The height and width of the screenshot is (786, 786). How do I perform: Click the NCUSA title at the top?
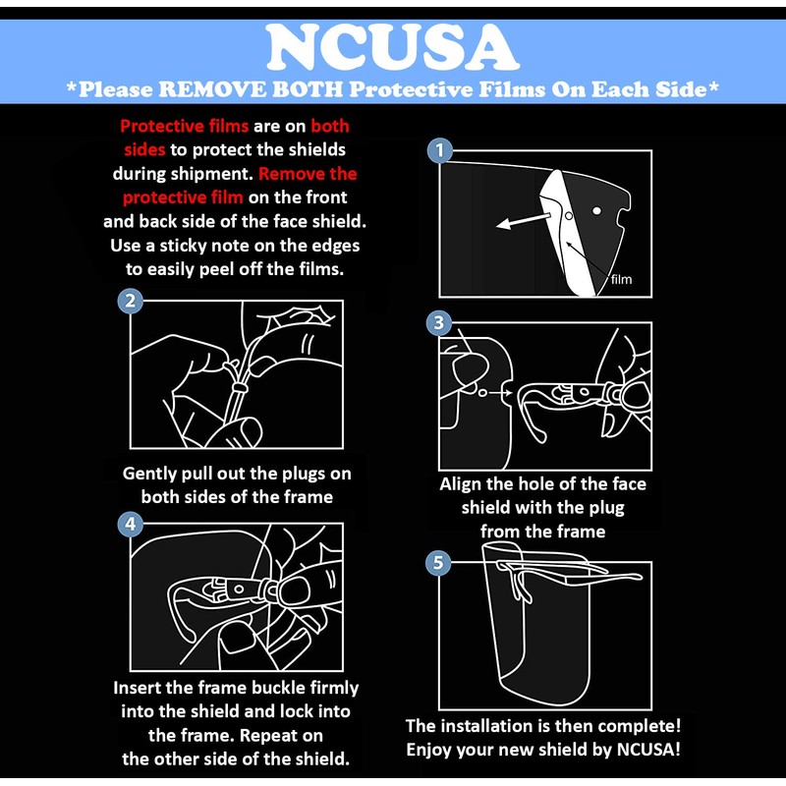pos(392,46)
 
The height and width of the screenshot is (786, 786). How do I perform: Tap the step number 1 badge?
pos(439,150)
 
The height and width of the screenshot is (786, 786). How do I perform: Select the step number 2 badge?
pos(131,301)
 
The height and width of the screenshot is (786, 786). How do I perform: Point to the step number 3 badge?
pos(439,323)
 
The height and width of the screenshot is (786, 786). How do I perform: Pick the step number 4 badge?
pos(131,524)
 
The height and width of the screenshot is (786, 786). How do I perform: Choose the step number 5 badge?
pos(439,562)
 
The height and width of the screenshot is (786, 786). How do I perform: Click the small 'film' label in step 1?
pos(621,279)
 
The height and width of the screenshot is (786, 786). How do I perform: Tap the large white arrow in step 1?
pos(520,218)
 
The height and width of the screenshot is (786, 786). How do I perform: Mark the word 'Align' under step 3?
pos(462,484)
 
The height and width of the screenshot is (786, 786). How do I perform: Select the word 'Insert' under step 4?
pos(142,688)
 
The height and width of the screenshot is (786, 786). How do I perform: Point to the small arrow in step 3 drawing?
pos(497,392)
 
